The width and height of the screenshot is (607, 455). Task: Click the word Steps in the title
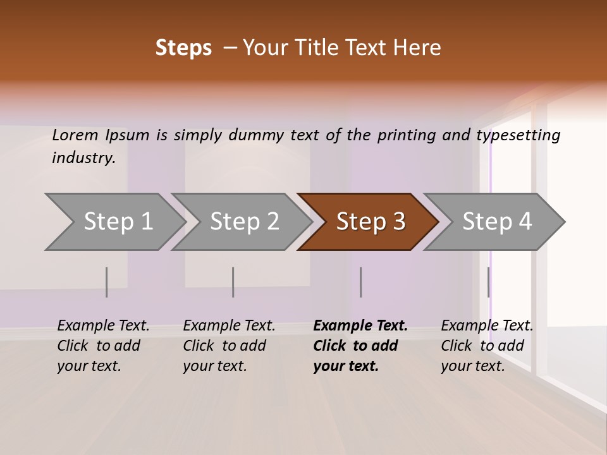coord(183,48)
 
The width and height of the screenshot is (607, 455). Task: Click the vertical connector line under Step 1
coord(107,282)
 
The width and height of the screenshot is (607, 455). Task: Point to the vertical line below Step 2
coord(233,282)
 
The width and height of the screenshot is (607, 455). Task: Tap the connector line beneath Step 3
coord(361,282)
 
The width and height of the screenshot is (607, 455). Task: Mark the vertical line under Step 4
coord(489,282)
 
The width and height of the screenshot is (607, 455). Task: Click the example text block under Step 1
coord(103,346)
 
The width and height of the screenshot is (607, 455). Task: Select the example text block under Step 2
coord(229,346)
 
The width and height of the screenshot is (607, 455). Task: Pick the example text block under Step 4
coord(487,346)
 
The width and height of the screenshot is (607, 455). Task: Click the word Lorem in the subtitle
coord(75,135)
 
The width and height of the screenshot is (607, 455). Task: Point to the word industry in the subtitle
coord(83,158)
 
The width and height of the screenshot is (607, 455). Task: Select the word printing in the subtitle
coord(407,135)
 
